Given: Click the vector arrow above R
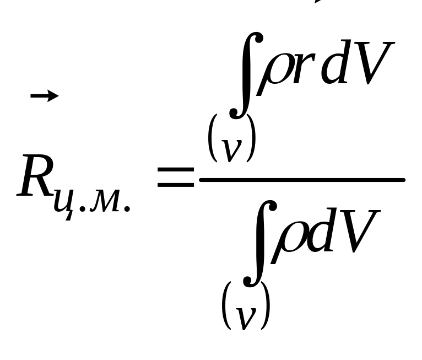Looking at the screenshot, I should (x=44, y=96).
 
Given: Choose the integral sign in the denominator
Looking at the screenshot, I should (x=261, y=245).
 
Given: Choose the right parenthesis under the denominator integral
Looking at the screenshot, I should (x=266, y=307).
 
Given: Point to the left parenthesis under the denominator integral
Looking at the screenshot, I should (x=226, y=307).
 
